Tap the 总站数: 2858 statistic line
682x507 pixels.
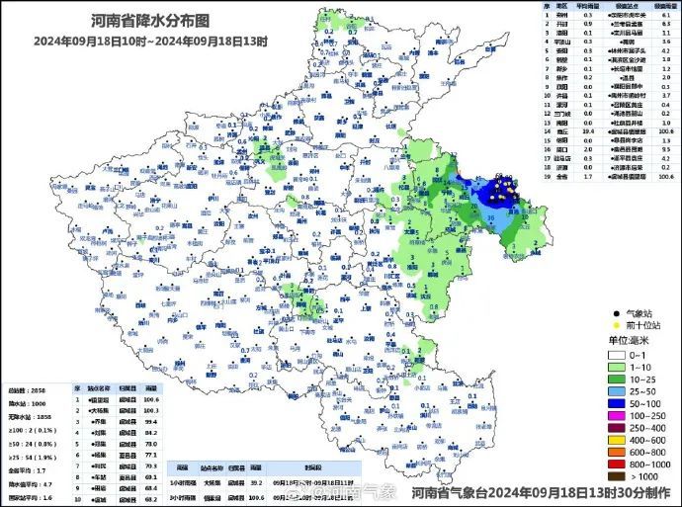27,390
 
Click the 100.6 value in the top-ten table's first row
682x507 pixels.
151,399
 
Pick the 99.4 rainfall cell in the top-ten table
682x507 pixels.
151,421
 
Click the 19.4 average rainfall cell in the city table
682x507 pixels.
588,129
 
